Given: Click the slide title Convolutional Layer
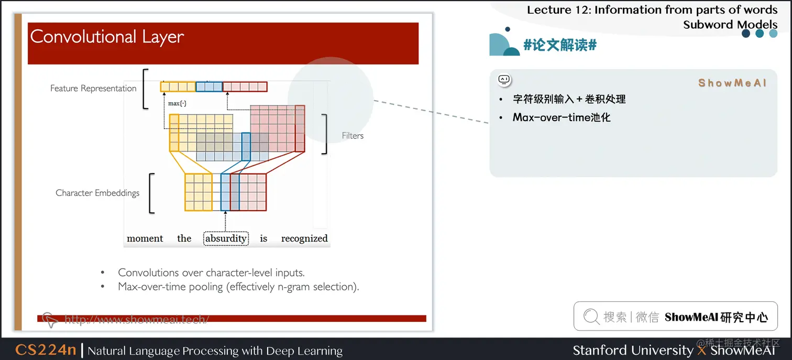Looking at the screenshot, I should click(x=107, y=37).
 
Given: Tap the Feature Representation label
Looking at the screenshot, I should click(x=93, y=88).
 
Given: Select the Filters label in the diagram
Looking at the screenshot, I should click(x=353, y=136).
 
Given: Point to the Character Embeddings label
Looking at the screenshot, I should click(x=97, y=193).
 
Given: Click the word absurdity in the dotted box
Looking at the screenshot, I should click(x=226, y=238).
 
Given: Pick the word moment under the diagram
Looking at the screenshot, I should click(x=145, y=238).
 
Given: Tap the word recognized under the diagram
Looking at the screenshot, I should click(x=304, y=238).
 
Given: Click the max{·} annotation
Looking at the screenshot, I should click(x=177, y=104).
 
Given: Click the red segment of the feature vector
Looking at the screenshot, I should click(x=245, y=87).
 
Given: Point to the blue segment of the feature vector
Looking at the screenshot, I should click(x=209, y=87).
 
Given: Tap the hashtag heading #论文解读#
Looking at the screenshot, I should click(x=560, y=45).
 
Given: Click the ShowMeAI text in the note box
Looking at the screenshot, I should click(x=732, y=83).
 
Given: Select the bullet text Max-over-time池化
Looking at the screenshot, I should click(x=562, y=117).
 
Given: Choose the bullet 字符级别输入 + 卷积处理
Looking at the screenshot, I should click(x=569, y=99).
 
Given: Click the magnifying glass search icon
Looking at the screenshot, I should click(x=591, y=317).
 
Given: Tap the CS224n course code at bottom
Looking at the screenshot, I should click(x=46, y=350).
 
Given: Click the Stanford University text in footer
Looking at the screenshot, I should click(x=633, y=350).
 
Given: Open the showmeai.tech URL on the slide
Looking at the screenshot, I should click(x=136, y=319).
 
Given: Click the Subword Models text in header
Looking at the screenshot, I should click(x=730, y=24).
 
